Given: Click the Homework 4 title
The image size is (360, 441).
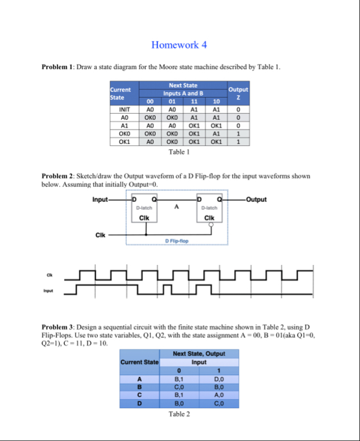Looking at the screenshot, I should click(179, 44).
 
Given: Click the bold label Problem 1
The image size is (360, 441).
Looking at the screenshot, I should click(59, 68).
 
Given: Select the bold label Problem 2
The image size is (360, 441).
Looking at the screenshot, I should click(59, 177).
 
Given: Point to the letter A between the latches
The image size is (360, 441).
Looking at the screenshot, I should click(176, 207).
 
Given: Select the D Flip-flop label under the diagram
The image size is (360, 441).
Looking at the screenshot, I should click(177, 242).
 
